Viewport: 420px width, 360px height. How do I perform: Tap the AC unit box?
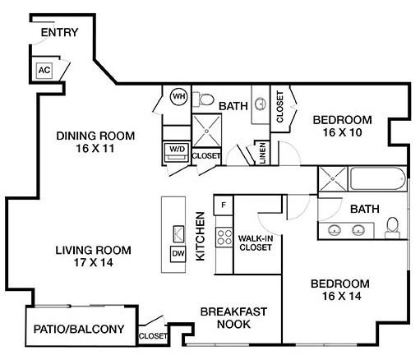[44, 71]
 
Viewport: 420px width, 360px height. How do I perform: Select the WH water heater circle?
[178, 97]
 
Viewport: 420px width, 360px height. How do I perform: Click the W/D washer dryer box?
[176, 150]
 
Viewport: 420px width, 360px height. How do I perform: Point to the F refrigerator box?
[222, 202]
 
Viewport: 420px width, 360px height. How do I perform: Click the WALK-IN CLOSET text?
[256, 242]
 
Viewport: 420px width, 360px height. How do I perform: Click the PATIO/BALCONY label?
[79, 330]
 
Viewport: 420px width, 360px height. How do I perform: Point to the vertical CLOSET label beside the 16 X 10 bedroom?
[279, 107]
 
